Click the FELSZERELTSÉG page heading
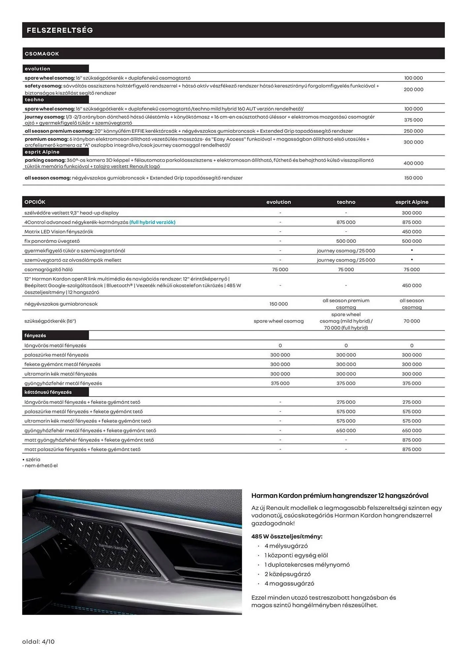(60, 30)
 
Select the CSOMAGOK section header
(42, 54)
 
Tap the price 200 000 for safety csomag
(413, 89)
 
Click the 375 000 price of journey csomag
(413, 120)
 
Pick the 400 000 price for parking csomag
(413, 163)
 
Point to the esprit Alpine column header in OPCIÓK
(412, 202)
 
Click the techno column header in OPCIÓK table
(346, 202)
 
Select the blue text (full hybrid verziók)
(152, 222)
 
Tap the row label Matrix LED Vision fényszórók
(59, 232)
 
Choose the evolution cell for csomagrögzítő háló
(280, 270)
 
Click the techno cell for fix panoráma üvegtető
(346, 241)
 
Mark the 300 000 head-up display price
(412, 213)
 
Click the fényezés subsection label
(35, 336)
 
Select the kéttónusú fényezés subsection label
(48, 392)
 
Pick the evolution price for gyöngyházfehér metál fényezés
(280, 383)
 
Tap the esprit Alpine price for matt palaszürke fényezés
(412, 449)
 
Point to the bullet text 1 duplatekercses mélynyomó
(307, 565)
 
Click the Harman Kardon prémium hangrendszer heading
(340, 496)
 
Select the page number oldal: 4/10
(38, 642)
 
